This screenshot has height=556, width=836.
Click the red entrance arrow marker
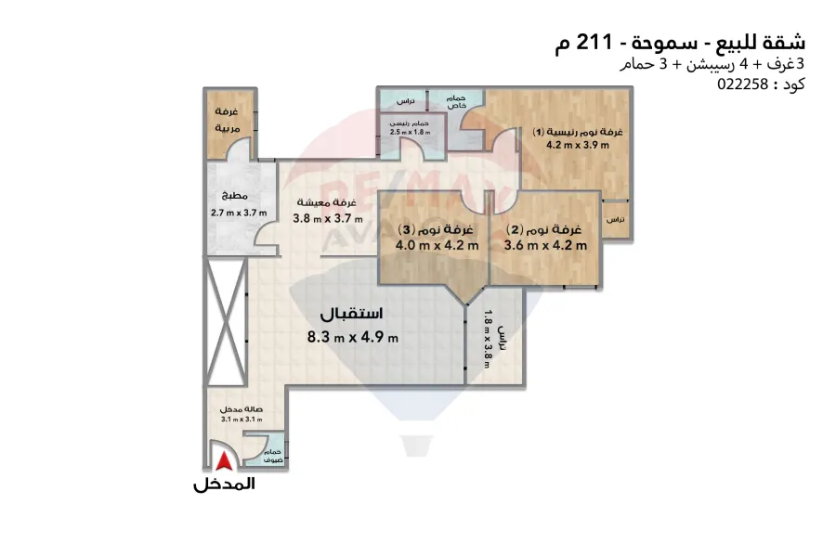coord(223,462)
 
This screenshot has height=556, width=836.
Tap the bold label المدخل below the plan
coord(224,484)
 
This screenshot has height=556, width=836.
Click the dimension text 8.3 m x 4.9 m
coord(353,337)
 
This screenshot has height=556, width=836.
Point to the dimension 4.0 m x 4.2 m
coord(424,246)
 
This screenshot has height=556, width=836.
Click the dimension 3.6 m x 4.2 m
coord(545,246)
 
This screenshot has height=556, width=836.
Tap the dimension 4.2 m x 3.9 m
coord(577,145)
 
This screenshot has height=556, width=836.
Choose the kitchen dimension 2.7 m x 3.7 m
coord(239,213)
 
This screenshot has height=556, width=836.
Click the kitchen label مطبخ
coord(233,197)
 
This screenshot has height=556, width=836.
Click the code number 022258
coord(739,84)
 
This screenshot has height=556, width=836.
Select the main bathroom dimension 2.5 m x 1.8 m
coord(410,133)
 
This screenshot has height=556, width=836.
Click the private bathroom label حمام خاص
coord(455,102)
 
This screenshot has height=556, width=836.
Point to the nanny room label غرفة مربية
coord(228,118)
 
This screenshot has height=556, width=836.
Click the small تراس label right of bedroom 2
coord(614,220)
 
